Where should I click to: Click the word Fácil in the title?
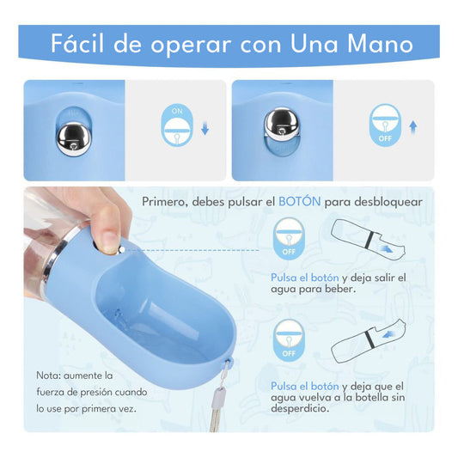tap(82, 44)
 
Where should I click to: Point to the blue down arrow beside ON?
tap(204, 129)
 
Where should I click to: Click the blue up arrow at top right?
tap(413, 126)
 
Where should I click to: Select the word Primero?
tap(168, 201)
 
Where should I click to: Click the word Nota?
tap(48, 376)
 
